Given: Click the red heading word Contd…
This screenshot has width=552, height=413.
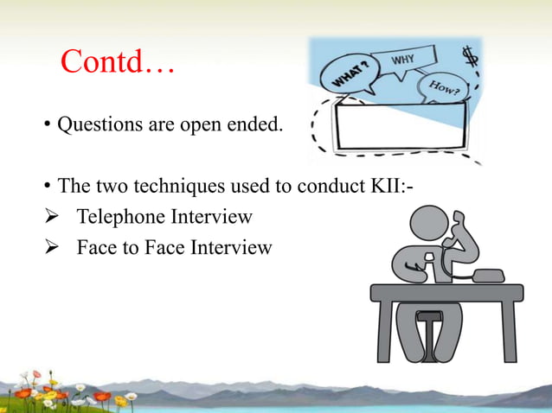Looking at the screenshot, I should tap(118, 62).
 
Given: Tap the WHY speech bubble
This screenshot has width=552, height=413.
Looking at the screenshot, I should tap(403, 63).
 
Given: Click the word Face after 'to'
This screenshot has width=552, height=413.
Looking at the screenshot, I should tap(169, 248).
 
